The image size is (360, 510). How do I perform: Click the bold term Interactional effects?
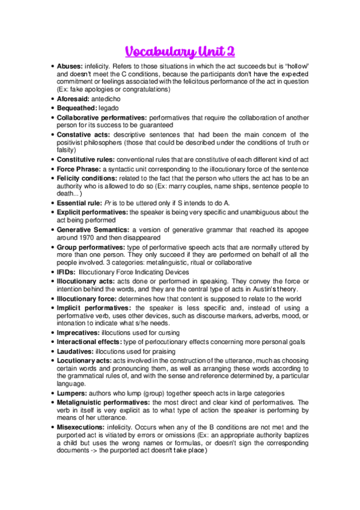[88, 342]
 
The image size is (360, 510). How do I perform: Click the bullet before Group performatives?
[52, 247]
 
